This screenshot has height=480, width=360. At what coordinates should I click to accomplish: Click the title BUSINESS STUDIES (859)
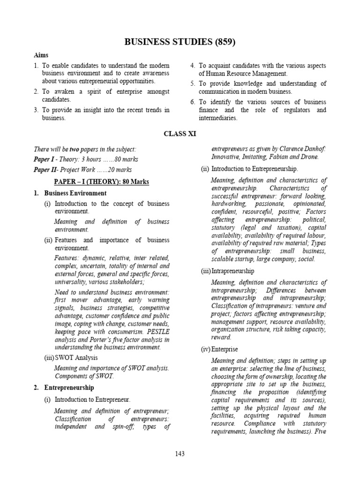(180, 43)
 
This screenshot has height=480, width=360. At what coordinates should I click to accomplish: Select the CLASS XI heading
(180, 134)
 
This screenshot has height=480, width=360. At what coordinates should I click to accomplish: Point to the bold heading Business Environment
(75, 193)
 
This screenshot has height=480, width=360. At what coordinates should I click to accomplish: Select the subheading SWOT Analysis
(76, 358)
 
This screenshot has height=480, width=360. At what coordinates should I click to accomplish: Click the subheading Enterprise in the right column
(225, 350)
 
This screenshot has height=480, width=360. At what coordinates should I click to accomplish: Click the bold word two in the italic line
(74, 149)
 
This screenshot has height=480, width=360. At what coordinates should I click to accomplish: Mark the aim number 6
(192, 102)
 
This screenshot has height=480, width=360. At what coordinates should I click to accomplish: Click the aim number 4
(192, 66)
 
